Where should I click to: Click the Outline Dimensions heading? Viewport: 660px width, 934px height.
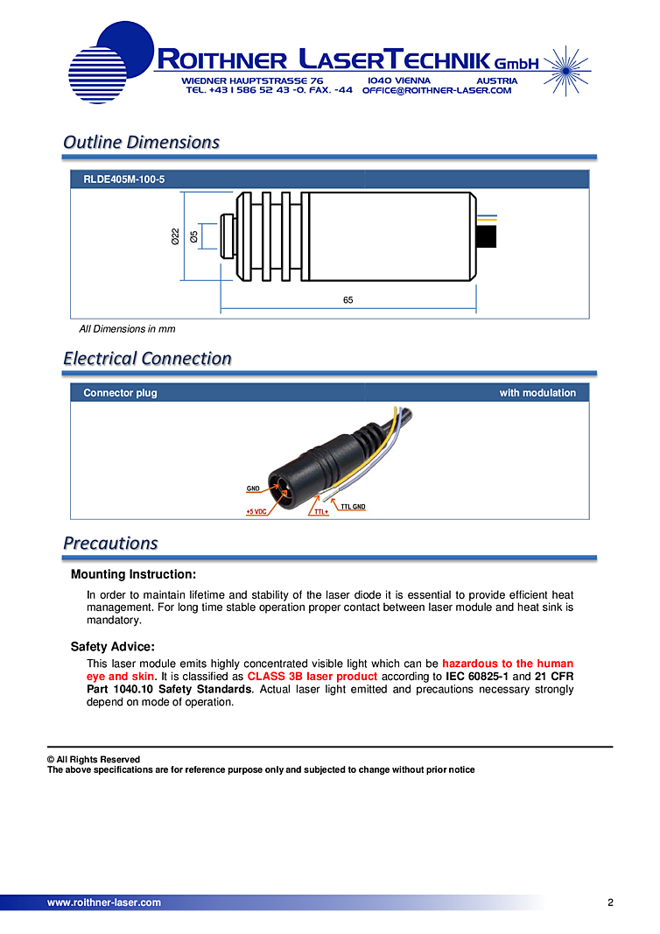141,142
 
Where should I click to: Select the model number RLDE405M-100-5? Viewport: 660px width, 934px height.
123,179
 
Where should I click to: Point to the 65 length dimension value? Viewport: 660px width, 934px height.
348,300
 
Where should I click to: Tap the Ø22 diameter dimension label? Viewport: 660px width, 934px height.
176,235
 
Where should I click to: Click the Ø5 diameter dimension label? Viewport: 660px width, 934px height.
193,235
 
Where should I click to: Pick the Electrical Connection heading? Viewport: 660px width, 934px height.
147,358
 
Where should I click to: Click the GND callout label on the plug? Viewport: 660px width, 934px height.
253,488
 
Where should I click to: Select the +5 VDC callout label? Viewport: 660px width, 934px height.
256,511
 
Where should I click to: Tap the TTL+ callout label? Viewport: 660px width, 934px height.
320,511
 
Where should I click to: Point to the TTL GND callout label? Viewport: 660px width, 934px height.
353,507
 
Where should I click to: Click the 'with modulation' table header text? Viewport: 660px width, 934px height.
537,393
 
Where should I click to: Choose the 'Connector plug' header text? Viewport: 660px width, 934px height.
120,393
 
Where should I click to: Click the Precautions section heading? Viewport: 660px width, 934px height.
110,543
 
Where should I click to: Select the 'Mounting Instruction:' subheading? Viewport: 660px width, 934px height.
133,575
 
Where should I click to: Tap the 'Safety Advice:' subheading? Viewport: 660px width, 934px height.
113,647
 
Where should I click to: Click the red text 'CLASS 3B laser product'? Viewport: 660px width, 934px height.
312,677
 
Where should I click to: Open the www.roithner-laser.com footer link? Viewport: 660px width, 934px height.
104,902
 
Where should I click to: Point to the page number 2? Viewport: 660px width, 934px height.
610,902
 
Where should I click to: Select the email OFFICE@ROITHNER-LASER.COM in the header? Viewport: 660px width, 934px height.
436,90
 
